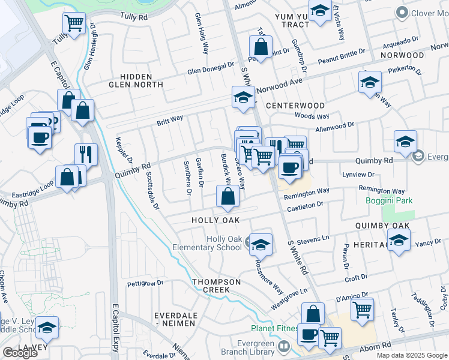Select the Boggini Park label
390,200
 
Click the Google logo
20,353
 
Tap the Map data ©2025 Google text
412,355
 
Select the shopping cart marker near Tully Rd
74,24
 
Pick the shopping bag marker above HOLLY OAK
228,196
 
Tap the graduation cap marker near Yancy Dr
399,241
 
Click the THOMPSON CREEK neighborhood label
216,286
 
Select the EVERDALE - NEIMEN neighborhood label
175,319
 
